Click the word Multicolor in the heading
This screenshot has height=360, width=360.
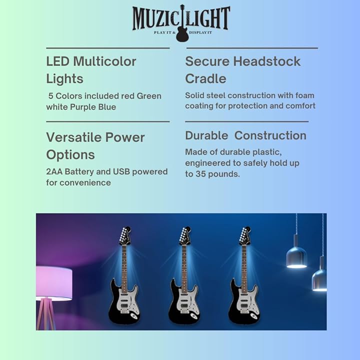[104, 61]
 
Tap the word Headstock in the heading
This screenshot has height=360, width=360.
[267, 61]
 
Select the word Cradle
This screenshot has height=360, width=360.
[205, 79]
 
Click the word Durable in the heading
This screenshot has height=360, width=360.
[206, 135]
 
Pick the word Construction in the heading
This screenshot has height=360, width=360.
[270, 135]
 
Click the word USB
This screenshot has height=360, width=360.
[121, 171]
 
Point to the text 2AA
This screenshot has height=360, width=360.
[54, 171]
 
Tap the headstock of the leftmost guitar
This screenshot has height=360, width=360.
[125, 235]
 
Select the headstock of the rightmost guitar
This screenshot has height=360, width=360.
[245, 235]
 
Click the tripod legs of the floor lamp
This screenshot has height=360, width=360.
[46, 313]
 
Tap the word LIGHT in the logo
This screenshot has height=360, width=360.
[208, 18]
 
